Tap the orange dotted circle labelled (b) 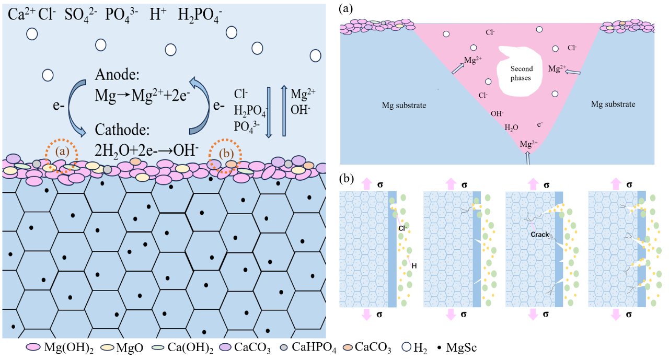225,155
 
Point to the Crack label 540,235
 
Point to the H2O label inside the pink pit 512,127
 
